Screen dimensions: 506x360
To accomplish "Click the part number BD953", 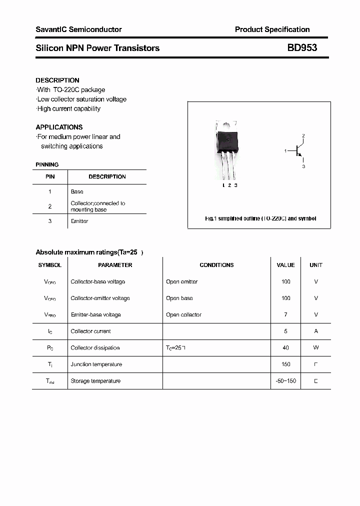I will [301, 48].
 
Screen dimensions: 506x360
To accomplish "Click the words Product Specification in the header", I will [272, 29].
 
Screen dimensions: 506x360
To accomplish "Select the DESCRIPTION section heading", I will [57, 80].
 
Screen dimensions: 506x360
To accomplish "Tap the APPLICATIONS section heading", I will [59, 127].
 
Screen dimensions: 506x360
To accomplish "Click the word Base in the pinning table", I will [77, 191].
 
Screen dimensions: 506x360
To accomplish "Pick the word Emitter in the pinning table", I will [79, 221].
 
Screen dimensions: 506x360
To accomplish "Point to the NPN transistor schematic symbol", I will [298, 150].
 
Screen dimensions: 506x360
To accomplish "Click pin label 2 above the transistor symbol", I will [303, 136].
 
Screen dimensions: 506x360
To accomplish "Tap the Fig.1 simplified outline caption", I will [260, 218].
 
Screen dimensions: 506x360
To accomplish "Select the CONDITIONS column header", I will [216, 265].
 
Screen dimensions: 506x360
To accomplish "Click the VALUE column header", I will [285, 265].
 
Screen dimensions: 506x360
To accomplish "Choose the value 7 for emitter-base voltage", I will [285, 314].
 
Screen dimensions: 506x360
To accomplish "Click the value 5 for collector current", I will [285, 331].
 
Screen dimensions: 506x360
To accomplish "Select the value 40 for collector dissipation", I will [285, 347].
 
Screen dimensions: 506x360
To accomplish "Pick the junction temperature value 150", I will [285, 364].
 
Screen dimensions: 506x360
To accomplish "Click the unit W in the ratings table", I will [316, 347].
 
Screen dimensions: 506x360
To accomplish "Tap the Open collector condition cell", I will [183, 314].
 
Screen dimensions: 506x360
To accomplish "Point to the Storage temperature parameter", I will [95, 381].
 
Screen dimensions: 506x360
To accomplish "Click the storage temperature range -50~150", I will [285, 381].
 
